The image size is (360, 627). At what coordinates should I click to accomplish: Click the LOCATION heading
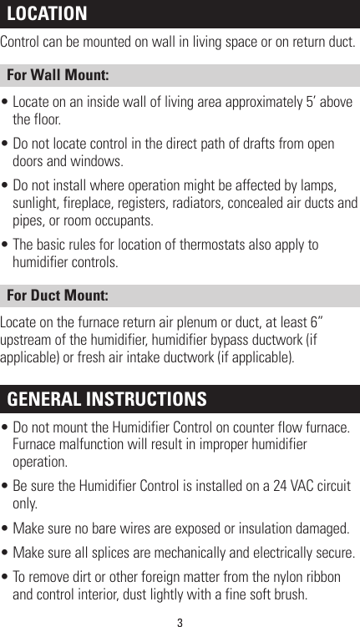point(48,14)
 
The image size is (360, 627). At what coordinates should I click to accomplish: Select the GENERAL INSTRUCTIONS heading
point(107,398)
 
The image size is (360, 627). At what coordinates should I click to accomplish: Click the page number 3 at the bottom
point(180,620)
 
